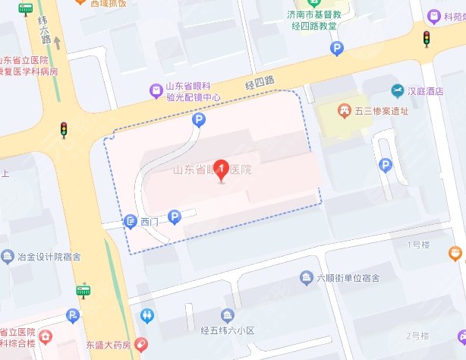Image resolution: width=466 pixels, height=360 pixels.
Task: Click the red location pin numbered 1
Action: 221,171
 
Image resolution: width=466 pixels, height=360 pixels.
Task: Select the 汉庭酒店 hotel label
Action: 426,91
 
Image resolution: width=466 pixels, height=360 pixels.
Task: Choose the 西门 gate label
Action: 150,222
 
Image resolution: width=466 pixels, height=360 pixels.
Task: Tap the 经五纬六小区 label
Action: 226,330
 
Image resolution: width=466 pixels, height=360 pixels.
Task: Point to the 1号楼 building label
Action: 419,245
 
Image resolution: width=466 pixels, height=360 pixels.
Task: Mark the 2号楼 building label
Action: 418,336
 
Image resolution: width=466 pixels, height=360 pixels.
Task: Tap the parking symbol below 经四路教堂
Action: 337,49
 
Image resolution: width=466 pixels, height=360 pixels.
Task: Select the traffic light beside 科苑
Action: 427,39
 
